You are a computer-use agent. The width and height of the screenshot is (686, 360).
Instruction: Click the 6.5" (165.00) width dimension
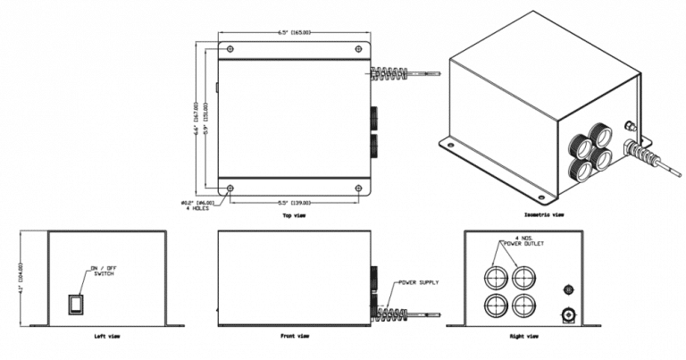(294, 33)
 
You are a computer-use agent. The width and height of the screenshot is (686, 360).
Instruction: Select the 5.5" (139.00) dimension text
(294, 203)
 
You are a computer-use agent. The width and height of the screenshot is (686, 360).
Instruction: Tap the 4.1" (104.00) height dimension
(20, 277)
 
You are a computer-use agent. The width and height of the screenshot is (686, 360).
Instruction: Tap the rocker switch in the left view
(77, 304)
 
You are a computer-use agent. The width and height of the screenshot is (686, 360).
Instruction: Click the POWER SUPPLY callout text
(418, 283)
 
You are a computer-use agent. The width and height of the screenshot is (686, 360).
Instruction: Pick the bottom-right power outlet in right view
(524, 305)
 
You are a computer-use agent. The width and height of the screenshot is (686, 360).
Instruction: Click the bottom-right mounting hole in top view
(359, 188)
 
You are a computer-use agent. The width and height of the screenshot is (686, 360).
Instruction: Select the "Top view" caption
(295, 215)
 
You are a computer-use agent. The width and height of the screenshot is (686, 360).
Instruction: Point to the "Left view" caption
(106, 337)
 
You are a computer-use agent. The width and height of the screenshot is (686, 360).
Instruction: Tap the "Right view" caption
(523, 337)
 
